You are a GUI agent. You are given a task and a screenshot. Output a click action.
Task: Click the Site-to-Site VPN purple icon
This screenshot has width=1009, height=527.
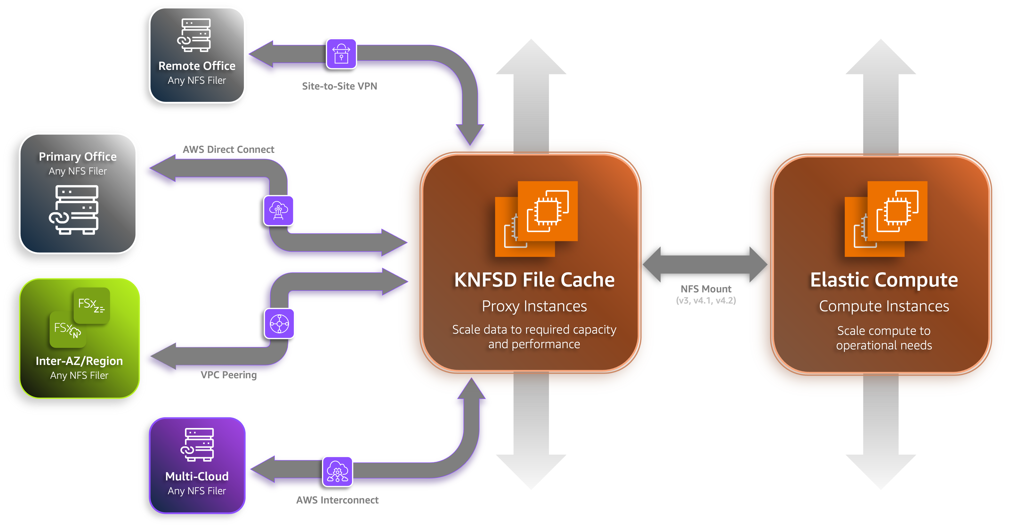point(341,54)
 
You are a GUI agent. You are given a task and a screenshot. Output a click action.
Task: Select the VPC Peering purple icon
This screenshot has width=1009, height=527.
point(279,324)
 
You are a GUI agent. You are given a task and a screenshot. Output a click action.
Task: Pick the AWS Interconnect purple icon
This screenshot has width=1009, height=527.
point(337,472)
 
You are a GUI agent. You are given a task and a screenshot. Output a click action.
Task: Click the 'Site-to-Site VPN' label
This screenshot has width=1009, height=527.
point(339,86)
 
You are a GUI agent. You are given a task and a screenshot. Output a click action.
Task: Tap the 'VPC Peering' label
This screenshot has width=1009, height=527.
point(229,375)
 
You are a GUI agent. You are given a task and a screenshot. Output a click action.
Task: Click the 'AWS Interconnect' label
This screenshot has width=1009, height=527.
point(337,500)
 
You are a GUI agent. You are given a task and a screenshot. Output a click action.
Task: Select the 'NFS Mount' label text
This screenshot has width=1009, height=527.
point(706,289)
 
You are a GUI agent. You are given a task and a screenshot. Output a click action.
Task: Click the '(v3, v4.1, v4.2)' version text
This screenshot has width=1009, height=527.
point(706,301)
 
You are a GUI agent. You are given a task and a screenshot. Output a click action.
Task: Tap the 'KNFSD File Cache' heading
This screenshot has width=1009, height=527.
point(534,280)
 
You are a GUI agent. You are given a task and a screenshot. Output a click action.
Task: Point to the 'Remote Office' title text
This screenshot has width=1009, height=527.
point(197,66)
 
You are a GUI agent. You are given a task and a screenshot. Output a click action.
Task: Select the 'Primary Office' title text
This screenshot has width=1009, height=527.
point(78,157)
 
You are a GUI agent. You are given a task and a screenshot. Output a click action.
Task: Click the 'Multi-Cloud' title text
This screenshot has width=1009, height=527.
point(197,477)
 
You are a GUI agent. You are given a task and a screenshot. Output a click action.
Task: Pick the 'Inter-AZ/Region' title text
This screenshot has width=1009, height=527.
point(79,361)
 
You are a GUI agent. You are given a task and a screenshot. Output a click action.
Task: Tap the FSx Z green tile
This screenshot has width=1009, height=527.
point(92,305)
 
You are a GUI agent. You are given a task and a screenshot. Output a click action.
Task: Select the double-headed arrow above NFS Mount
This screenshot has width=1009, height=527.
point(705,264)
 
